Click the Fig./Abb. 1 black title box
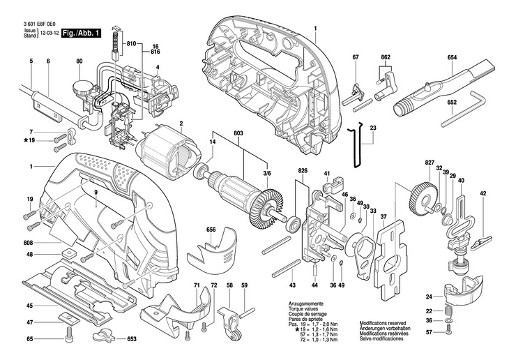pyautogui.click(x=81, y=33)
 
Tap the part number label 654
pyautogui.click(x=452, y=57)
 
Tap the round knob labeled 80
pyautogui.click(x=80, y=87)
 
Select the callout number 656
pyautogui.click(x=211, y=230)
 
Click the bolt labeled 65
pyautogui.click(x=69, y=333)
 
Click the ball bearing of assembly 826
pyautogui.click(x=292, y=223)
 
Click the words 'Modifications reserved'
pyautogui.click(x=383, y=323)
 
